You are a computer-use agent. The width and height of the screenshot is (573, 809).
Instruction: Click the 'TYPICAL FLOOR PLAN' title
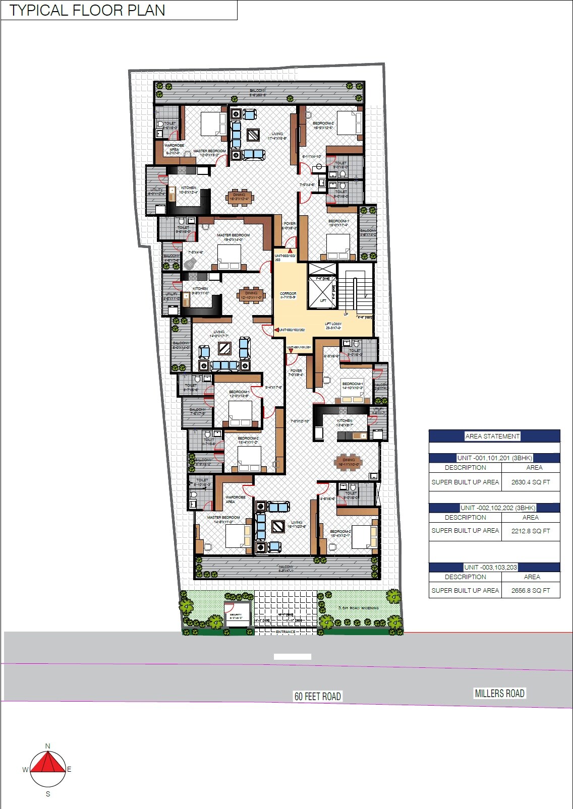click(87, 11)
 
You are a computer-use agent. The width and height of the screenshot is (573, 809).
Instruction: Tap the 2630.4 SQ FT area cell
click(531, 482)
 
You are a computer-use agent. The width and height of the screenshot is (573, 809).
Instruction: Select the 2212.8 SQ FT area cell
click(531, 531)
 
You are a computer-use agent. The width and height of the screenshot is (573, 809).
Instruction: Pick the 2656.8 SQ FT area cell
click(531, 590)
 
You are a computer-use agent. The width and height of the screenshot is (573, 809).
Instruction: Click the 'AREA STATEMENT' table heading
click(492, 437)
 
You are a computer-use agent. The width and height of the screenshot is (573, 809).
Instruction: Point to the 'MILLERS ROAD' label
click(499, 694)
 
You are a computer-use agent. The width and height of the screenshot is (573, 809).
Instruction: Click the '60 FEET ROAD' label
click(318, 697)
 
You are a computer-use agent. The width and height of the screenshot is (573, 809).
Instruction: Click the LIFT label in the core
click(323, 301)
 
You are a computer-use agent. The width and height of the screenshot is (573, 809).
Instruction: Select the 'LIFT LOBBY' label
click(333, 325)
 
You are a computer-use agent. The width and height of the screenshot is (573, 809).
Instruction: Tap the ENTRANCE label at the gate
click(285, 632)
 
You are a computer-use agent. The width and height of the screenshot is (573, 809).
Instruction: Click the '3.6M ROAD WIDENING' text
click(358, 608)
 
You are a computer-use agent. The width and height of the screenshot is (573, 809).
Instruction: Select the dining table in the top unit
click(240, 196)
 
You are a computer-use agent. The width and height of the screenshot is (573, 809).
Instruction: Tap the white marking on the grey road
click(293, 657)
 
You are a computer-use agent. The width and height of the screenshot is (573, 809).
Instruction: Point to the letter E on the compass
click(69, 769)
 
